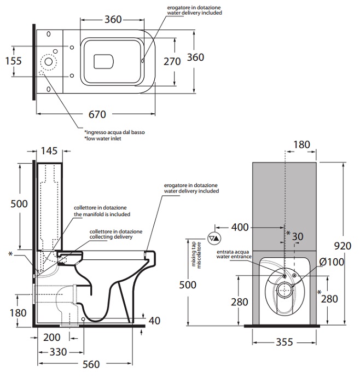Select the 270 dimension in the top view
coord(172,61)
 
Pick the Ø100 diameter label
coord(332,262)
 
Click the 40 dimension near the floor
coord(154,321)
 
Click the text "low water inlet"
coord(103,139)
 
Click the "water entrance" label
coord(234,256)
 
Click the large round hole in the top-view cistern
coord(48,62)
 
